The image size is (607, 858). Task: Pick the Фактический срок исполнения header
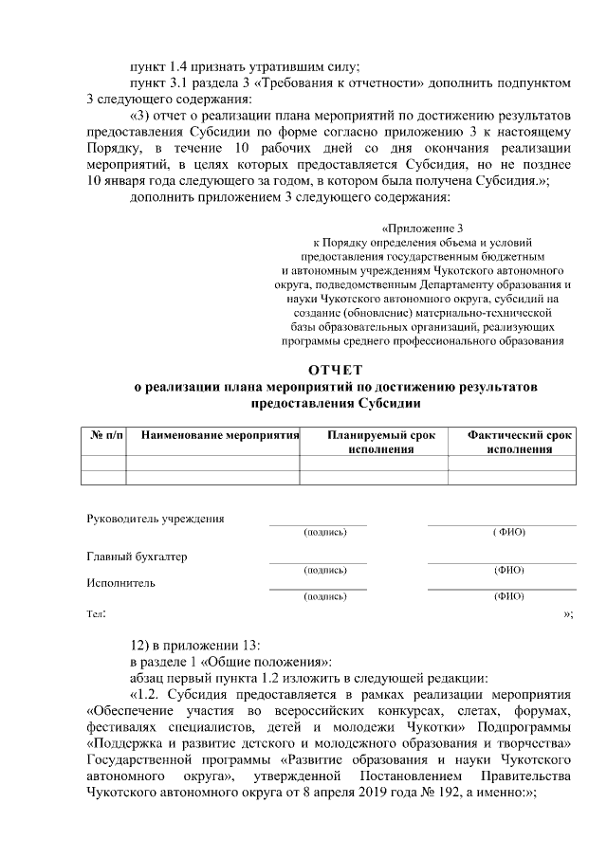(x=519, y=442)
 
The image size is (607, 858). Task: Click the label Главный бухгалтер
(x=138, y=557)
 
